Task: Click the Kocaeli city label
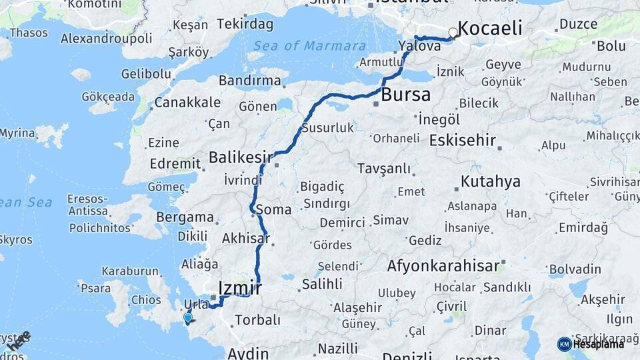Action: (x=490, y=29)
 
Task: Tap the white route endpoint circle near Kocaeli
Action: (x=453, y=32)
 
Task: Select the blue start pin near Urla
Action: (x=188, y=318)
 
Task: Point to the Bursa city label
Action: (x=405, y=95)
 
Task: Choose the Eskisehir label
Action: (x=463, y=141)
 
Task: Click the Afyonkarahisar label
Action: (x=443, y=266)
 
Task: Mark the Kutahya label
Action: (x=490, y=181)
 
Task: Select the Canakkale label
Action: (x=187, y=103)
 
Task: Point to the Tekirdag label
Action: (x=245, y=25)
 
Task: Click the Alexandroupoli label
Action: (x=106, y=38)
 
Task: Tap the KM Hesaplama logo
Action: (x=591, y=344)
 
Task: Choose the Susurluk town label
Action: (x=327, y=127)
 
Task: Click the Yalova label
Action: (x=419, y=46)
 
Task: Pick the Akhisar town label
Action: (x=245, y=238)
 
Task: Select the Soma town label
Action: (x=273, y=209)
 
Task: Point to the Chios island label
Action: (x=146, y=299)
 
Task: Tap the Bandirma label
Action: (x=249, y=81)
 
